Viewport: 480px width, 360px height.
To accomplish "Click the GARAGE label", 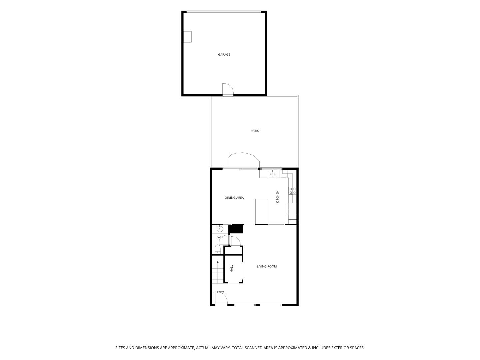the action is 224,55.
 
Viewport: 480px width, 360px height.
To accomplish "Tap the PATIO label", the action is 255,131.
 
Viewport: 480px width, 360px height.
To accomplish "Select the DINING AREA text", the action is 234,198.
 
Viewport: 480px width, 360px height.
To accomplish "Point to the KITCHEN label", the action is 278,197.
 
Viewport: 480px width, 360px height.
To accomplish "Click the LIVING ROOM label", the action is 267,266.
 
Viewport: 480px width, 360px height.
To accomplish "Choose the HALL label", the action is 232,268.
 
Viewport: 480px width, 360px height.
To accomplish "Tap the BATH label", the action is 220,237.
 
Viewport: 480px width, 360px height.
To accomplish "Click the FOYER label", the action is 221,292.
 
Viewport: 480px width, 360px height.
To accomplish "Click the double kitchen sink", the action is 273,174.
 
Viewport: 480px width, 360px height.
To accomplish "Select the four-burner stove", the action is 293,191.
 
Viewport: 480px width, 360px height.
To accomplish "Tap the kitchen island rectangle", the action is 261,211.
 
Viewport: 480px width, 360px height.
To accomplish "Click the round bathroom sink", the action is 220,229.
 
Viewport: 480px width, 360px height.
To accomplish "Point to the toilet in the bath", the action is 218,249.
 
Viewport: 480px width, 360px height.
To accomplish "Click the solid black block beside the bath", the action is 236,229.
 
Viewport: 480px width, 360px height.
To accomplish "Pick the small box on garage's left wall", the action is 187,37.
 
